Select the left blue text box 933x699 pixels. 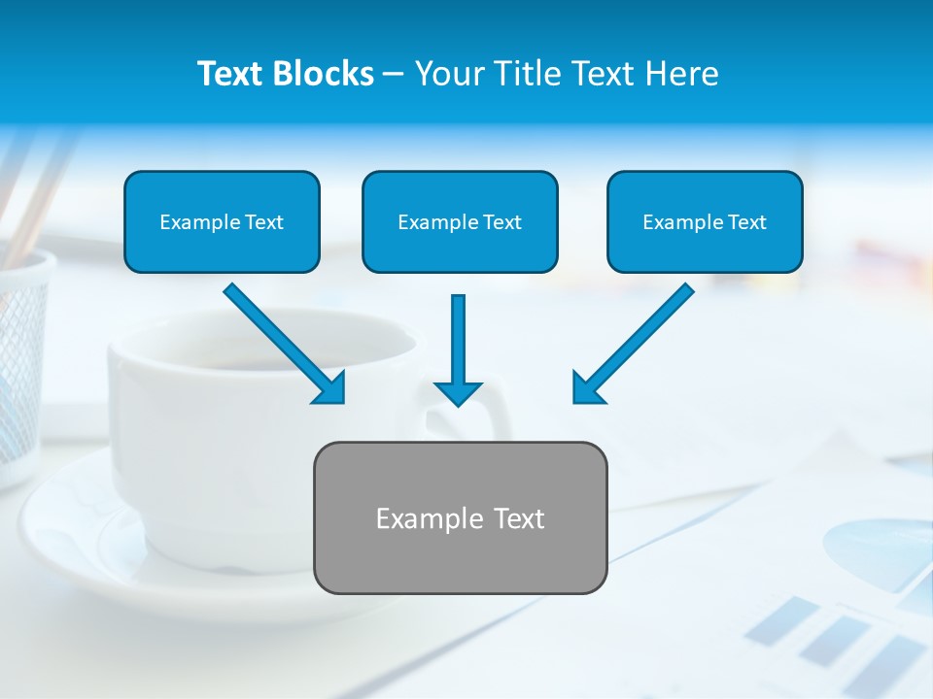click(x=222, y=221)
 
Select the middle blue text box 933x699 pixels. click(x=460, y=221)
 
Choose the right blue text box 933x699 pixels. click(x=705, y=221)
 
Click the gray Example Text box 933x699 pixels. click(x=460, y=517)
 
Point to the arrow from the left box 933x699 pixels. click(x=282, y=342)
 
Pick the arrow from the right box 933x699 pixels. click(x=636, y=342)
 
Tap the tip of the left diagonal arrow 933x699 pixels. click(x=342, y=400)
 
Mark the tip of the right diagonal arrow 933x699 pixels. click(x=575, y=400)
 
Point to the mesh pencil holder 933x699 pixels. click(x=21, y=359)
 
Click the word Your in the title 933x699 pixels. click(x=449, y=74)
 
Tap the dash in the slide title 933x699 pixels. click(x=394, y=74)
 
